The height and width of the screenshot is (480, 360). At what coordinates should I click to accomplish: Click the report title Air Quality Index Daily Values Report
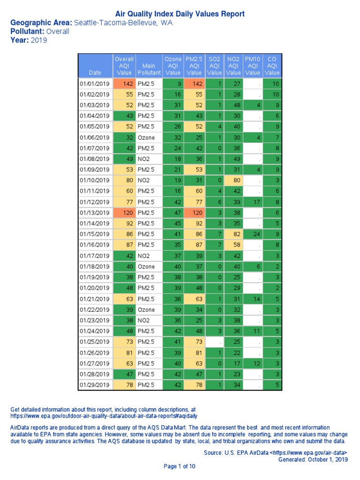click(x=180, y=14)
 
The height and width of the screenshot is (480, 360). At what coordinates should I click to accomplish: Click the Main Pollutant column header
click(x=149, y=66)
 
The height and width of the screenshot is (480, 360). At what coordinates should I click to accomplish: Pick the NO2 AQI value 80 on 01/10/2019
click(x=234, y=180)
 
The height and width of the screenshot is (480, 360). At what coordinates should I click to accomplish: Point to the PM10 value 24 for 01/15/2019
click(x=253, y=234)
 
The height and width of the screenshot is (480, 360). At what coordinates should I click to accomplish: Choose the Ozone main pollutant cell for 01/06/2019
click(x=149, y=137)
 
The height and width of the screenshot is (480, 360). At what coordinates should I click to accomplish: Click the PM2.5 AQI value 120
click(x=195, y=212)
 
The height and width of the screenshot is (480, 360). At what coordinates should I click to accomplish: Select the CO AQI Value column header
click(x=272, y=66)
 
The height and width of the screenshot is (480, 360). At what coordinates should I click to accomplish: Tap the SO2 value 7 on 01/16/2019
click(x=215, y=245)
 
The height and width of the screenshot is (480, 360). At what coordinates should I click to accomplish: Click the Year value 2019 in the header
click(x=39, y=40)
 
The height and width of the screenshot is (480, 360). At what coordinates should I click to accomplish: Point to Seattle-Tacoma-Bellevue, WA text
click(x=123, y=23)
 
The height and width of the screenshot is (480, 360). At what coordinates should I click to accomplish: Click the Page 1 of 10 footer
click(x=180, y=466)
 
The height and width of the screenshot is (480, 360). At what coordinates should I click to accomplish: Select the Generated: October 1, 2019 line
click(x=313, y=460)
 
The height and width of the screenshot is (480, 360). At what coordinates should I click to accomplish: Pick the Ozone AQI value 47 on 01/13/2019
click(x=173, y=212)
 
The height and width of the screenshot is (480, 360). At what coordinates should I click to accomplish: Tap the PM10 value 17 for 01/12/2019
click(x=253, y=202)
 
